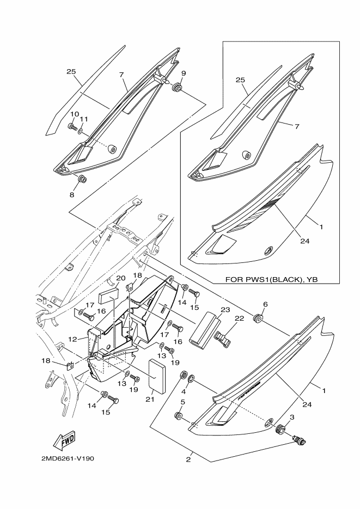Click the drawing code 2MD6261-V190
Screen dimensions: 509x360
tap(67, 458)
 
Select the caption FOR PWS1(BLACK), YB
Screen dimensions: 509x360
tap(271, 279)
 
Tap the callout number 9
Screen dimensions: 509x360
tap(183, 73)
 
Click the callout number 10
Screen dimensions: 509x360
tap(72, 113)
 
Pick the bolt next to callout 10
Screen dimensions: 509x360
tap(71, 127)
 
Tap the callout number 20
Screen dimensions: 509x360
tap(121, 278)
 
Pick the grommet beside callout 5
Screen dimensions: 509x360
tap(178, 416)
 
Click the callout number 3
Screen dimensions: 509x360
tap(292, 417)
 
